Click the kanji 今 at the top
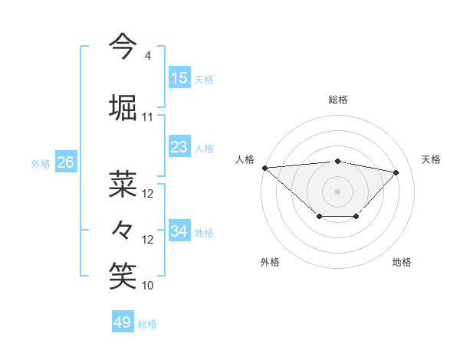[x=123, y=45]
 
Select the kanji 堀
[x=123, y=106]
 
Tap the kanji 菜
[x=123, y=184]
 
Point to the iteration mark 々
[x=123, y=229]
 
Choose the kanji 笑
[x=123, y=275]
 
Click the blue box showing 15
[x=179, y=77]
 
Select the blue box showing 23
[x=179, y=146]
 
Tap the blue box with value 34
[x=179, y=231]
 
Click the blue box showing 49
[x=123, y=322]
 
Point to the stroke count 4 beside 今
[x=147, y=56]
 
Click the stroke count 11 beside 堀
[x=148, y=117]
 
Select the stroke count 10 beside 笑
[x=148, y=286]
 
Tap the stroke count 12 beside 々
[x=148, y=240]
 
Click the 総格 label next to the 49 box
[x=147, y=324]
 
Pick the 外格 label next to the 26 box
[x=41, y=163]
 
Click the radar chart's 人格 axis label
[x=245, y=159]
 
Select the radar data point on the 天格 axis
[x=396, y=172]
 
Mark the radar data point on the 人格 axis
[x=264, y=168]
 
